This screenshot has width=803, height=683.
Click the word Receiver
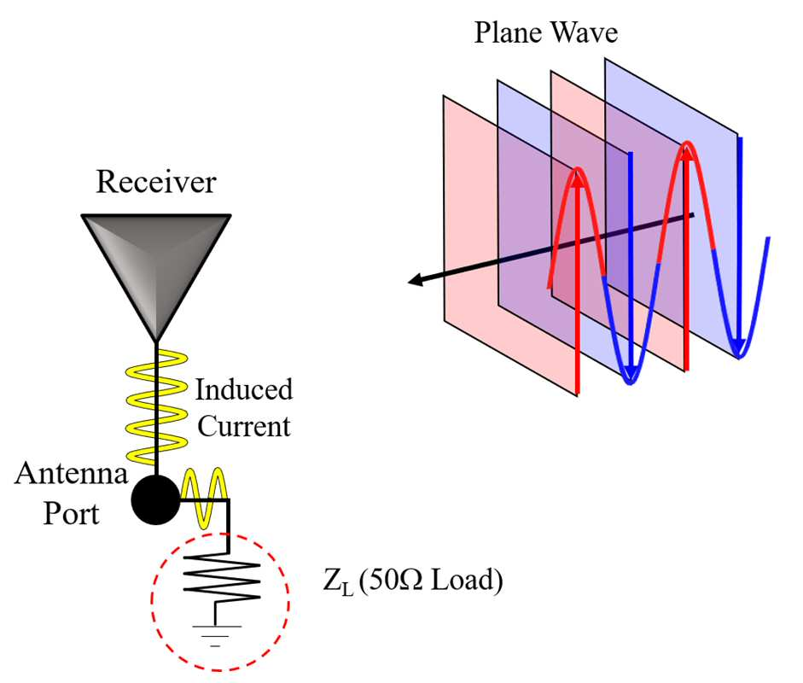click(x=156, y=181)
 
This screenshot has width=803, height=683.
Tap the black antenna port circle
click(x=155, y=499)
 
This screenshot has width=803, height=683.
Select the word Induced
click(x=244, y=389)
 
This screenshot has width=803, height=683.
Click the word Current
click(x=244, y=426)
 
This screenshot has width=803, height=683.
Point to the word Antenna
click(x=71, y=473)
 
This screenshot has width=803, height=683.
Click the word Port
click(x=71, y=513)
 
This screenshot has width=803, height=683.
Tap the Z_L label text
click(x=338, y=582)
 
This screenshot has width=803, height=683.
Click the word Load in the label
click(x=463, y=580)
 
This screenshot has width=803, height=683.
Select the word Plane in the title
click(x=508, y=32)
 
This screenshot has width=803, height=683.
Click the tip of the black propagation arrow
click(x=408, y=281)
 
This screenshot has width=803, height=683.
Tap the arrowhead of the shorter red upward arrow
click(x=578, y=179)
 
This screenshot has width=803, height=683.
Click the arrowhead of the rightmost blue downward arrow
click(x=738, y=347)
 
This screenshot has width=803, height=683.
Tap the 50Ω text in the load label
click(x=394, y=580)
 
